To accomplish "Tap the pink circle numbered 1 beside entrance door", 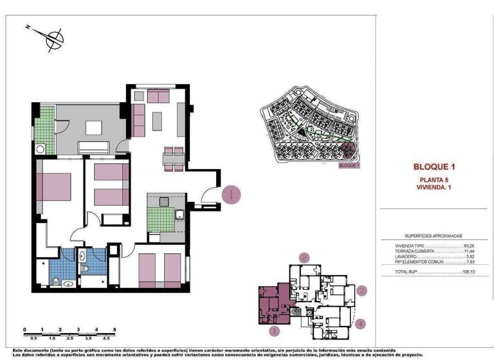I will coord(232,194).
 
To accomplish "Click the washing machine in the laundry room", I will coord(41,149).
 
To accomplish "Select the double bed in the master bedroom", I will coord(55,186).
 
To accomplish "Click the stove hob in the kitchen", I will coord(164,201).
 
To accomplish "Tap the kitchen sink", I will coord(180,214).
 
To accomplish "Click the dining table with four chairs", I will coord(173,158).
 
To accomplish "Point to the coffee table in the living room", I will coord(158,120).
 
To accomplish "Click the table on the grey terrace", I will coord(93,128).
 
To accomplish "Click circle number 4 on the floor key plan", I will coord(361,323).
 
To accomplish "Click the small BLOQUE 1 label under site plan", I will coord(349,165).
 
